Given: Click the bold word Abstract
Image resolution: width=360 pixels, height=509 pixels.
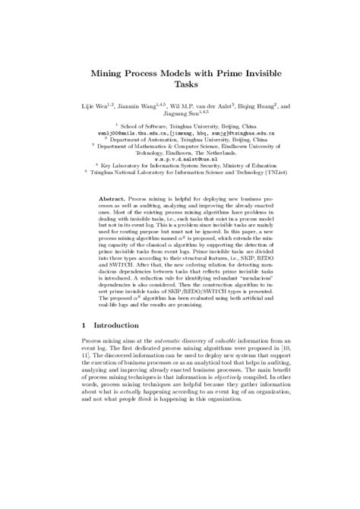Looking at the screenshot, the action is pos(113,195).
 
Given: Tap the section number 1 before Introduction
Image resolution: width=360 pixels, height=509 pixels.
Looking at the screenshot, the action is pos(84,346).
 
